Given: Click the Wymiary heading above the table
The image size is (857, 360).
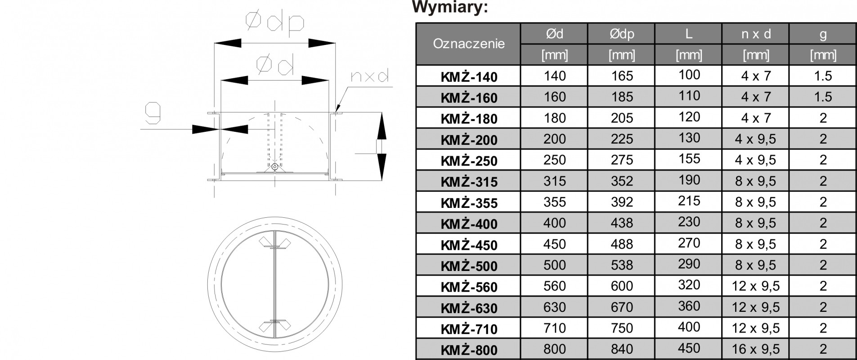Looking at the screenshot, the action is tap(450, 7).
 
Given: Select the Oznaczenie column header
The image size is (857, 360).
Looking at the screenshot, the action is tap(469, 44).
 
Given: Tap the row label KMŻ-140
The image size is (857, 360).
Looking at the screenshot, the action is tap(469, 77).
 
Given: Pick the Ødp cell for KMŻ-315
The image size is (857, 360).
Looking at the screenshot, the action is tap(622, 181).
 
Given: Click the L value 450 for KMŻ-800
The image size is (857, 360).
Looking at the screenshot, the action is tap(689, 348).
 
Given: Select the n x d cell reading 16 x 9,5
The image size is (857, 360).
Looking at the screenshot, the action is tap(756, 349).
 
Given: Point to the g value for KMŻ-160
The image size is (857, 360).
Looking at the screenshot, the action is tap(823, 97).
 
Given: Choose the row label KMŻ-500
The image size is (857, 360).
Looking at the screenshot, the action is tap(469, 266).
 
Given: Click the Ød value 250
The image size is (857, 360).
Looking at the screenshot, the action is tap(554, 160).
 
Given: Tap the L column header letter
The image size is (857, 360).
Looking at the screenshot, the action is tap(689, 34).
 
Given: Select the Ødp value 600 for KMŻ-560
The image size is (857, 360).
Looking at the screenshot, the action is tap(622, 286).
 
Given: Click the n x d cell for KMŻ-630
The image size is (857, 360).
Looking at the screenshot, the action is tap(756, 307).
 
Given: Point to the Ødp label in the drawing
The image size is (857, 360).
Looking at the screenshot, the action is tap(274, 22).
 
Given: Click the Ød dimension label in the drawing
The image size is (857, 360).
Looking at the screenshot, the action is tap(275, 65).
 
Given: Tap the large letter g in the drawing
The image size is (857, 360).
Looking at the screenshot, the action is tap(153, 113).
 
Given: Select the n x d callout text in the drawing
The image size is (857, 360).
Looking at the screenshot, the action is tap(369, 76).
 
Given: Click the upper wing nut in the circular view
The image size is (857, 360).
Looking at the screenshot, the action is tap(274, 243).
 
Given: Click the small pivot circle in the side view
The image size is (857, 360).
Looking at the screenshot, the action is tap(274, 167).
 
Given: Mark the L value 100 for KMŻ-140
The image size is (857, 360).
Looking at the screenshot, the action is tap(689, 75).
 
